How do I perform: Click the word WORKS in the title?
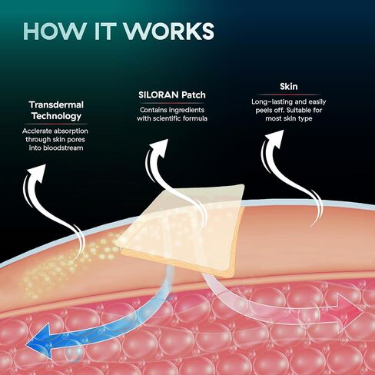point(169,32)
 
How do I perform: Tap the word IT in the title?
point(104,32)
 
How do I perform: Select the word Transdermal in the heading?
point(56,105)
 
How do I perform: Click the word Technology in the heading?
point(56,116)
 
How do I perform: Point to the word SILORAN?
point(158,95)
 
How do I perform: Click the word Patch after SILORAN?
point(194,95)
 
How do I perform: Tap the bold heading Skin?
point(289,87)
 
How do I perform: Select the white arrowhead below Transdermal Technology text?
point(37,172)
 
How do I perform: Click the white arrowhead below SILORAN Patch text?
point(160,148)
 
